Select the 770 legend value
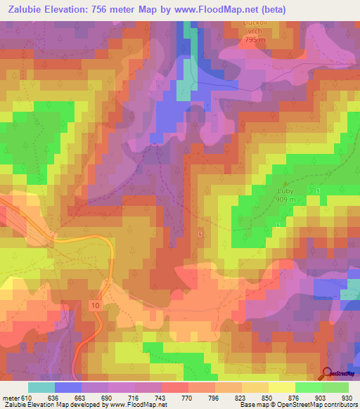pos(187,397)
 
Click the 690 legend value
pos(107,397)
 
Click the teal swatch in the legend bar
pos(41,387)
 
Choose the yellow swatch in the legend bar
pos(282,387)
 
